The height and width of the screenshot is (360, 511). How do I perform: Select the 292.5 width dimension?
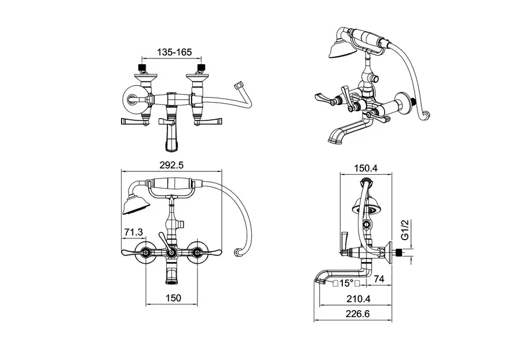click(x=173, y=165)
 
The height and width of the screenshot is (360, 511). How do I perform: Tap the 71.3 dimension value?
click(x=133, y=232)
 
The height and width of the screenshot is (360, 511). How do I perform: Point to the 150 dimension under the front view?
click(x=173, y=298)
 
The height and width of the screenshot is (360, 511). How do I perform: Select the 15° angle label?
click(x=346, y=283)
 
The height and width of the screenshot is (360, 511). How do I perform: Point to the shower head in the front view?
click(x=134, y=204)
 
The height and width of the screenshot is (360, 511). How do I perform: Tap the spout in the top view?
click(x=171, y=136)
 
